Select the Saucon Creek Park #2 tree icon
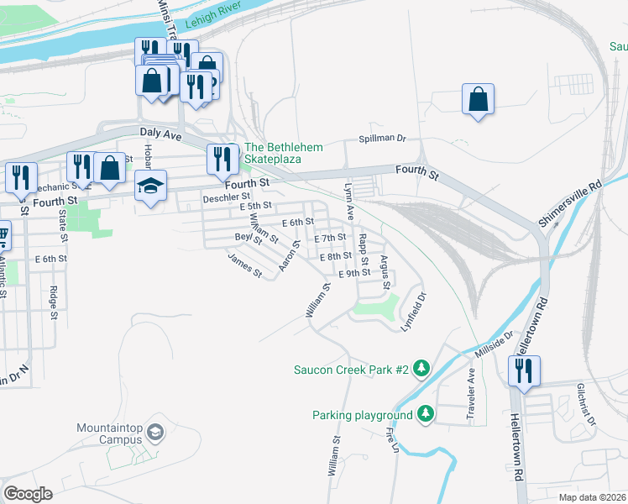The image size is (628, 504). coord(421,369)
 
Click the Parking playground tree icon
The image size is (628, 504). coord(426,414)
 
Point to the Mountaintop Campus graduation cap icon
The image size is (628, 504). coord(154,433)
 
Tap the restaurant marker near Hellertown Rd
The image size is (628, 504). coord(524,370)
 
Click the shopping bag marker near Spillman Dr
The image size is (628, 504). coord(478,99)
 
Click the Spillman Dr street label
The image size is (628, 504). coord(383,139)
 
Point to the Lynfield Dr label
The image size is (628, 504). coord(415,310)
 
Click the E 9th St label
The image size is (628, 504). coord(354,273)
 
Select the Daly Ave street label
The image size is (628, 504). coord(160,133)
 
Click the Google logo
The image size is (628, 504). coord(28,494)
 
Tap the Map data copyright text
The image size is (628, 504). coord(592,497)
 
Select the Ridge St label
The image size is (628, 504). coord(53,303)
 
